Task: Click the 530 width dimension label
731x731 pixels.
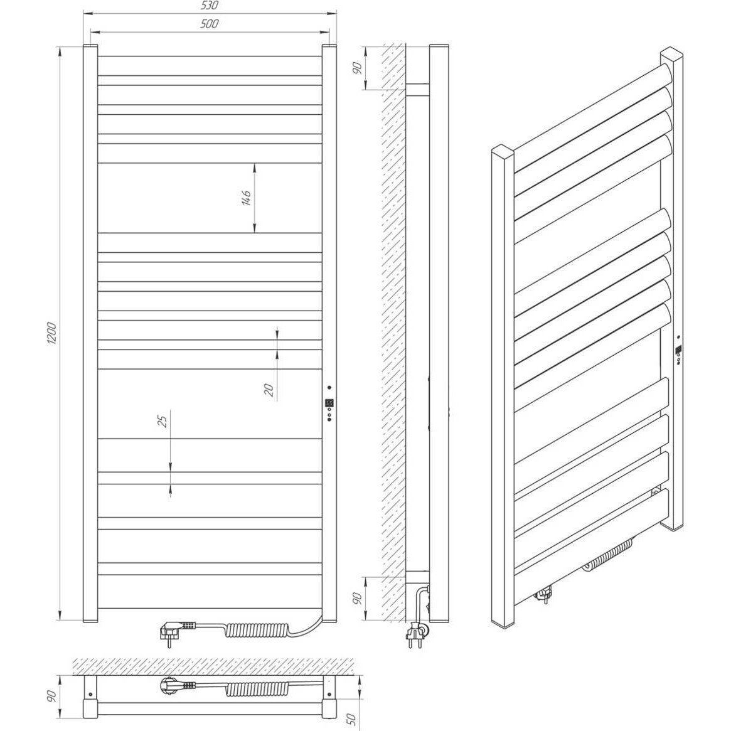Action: pos(210,6)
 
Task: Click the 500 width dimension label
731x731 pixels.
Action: pos(210,24)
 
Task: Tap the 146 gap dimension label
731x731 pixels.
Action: pos(246,198)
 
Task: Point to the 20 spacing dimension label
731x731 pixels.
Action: pos(269,390)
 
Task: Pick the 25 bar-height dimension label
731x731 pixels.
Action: pos(163,422)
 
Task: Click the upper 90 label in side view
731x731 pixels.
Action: pos(357,68)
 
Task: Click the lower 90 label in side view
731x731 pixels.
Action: pos(357,598)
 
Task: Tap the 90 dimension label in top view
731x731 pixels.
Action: pos(51,696)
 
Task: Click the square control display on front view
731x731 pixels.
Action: pos(329,402)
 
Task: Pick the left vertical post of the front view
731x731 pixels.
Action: pos(90,333)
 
